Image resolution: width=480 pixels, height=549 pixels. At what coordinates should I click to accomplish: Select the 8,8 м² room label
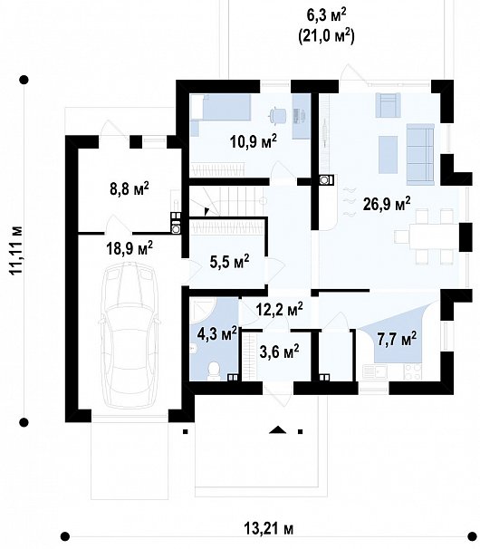click(x=129, y=191)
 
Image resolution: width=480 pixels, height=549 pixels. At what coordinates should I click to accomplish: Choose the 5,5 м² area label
click(x=228, y=262)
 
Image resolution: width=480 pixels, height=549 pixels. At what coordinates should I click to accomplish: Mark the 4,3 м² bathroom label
click(x=216, y=332)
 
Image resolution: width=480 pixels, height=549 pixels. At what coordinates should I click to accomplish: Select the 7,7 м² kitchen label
click(x=396, y=340)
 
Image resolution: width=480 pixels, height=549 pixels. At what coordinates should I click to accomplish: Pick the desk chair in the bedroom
click(x=278, y=114)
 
